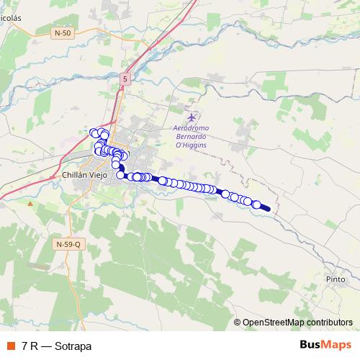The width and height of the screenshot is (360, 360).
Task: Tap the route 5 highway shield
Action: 125,78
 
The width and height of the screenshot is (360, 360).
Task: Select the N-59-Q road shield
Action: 70,245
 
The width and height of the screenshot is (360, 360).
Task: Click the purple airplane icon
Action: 191,117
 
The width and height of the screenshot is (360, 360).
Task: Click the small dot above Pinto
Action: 336,269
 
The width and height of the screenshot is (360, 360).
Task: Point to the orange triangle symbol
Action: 30,204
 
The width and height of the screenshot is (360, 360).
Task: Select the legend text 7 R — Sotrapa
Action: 57,346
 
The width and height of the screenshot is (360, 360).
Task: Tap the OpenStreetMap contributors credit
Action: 297,323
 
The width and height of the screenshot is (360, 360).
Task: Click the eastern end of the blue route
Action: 269,210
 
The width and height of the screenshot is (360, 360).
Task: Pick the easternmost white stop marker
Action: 256,205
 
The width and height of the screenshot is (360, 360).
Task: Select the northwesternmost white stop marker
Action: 93,132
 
